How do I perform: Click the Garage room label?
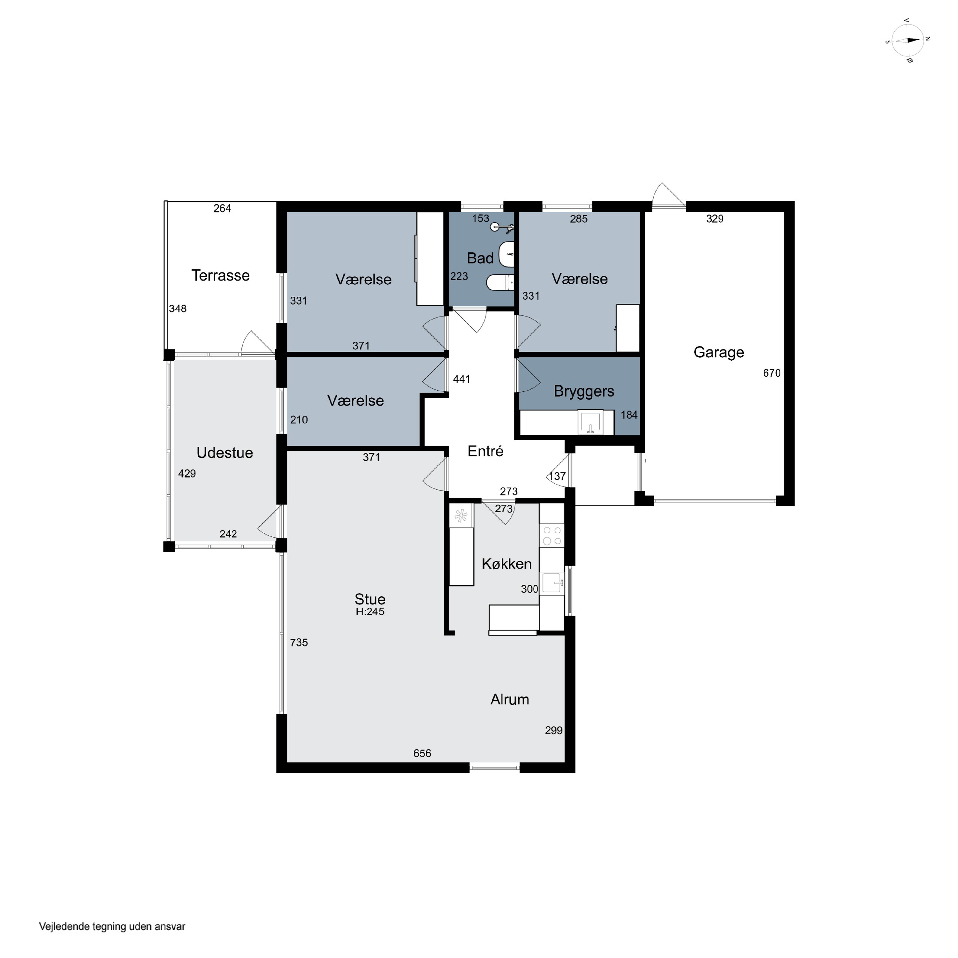pos(718,352)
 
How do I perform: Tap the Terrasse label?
pos(221,275)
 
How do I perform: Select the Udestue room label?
pos(224,452)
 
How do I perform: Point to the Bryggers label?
pos(584,391)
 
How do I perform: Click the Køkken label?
pos(506,563)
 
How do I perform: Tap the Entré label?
pos(485,451)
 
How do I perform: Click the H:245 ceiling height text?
pos(370,612)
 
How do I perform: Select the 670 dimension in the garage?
pos(772,373)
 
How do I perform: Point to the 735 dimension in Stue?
pos(299,642)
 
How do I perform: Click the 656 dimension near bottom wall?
pos(422,753)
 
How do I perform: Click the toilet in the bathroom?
pos(500,282)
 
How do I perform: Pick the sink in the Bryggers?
pos(590,422)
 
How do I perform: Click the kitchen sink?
pos(552,583)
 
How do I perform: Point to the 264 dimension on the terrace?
pos(222,208)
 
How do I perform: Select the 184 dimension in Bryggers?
pos(629,415)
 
